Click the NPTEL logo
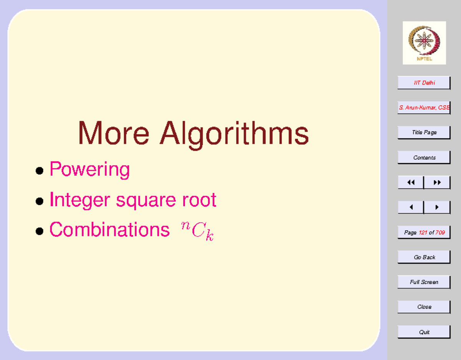tap(424, 43)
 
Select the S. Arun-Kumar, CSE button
tap(424, 108)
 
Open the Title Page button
tap(424, 132)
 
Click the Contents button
tap(424, 157)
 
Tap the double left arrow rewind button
tap(411, 183)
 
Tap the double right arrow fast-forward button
tap(437, 183)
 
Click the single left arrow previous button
tap(411, 207)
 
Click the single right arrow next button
tap(437, 207)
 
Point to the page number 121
tap(423, 233)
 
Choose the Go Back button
tap(424, 257)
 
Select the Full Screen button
tap(424, 282)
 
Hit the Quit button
tap(424, 332)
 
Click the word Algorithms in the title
tap(234, 134)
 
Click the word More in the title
tap(114, 133)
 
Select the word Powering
tap(90, 169)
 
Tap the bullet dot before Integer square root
tap(39, 201)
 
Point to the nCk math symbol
tap(197, 230)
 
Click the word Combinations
tap(109, 230)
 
